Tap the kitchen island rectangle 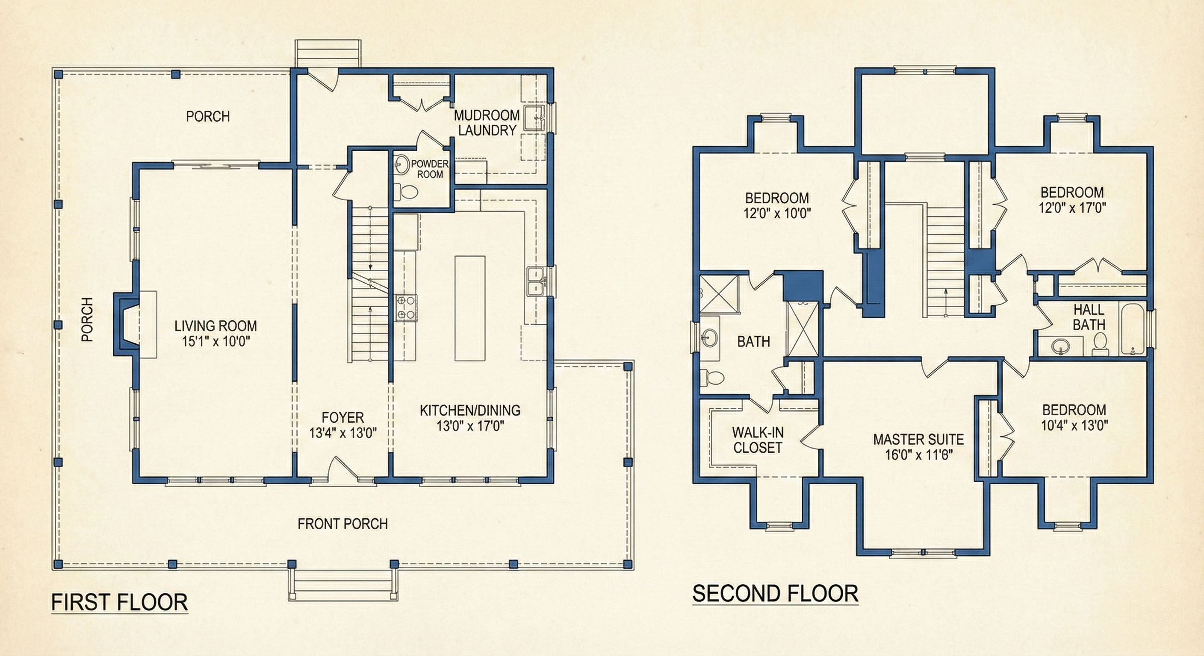point(470,308)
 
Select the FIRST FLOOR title point(119,602)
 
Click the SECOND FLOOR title point(775,594)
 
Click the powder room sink point(401,164)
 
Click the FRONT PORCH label point(342,524)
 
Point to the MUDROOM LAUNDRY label point(487,123)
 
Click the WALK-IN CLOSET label point(758,440)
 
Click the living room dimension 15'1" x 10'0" point(215,341)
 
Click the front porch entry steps point(342,585)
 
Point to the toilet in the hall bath point(1100,343)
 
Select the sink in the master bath point(709,337)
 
